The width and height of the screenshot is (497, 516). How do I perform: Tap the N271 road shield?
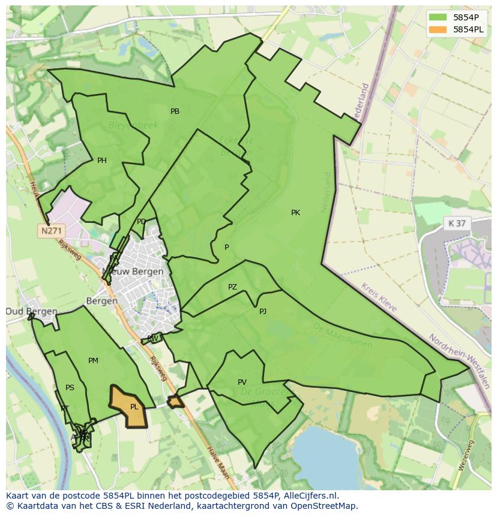pos(52,231)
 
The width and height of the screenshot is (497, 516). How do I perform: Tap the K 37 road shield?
pos(457,223)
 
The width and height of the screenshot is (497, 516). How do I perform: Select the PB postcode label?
pos(175,111)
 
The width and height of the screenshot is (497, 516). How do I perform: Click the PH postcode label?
pos(102,161)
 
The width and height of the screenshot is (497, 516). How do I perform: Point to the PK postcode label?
pos(295,213)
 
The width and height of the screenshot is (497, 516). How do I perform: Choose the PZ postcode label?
pos(232,287)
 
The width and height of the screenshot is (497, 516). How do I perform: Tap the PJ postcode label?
pos(263,311)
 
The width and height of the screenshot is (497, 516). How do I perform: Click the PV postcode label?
pos(242,382)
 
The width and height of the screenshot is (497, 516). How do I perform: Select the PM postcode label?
pos(93,361)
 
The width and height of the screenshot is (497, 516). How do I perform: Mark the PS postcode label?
pos(70,388)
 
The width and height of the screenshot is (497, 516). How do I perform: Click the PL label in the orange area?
pos(134,407)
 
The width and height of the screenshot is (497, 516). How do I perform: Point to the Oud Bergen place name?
pos(32,312)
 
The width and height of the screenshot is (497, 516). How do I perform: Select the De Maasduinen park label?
pos(343,336)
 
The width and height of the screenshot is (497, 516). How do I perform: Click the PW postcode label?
pos(152,339)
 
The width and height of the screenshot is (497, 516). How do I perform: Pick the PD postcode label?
pos(141,222)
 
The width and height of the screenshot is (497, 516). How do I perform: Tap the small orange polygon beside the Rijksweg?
pos(175,402)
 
